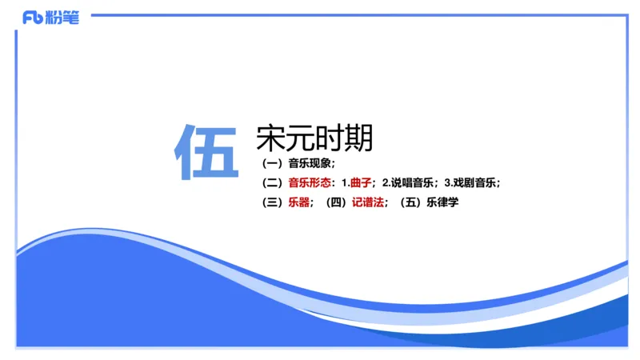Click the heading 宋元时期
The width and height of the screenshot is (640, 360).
[314, 138]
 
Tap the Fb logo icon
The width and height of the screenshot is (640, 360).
[33, 18]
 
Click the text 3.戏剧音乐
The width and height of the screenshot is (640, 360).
[470, 182]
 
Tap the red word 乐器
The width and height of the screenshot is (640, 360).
[298, 202]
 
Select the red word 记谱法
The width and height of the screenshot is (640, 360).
[367, 202]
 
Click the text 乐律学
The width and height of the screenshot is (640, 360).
[442, 202]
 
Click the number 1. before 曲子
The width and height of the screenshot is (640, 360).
[346, 182]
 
